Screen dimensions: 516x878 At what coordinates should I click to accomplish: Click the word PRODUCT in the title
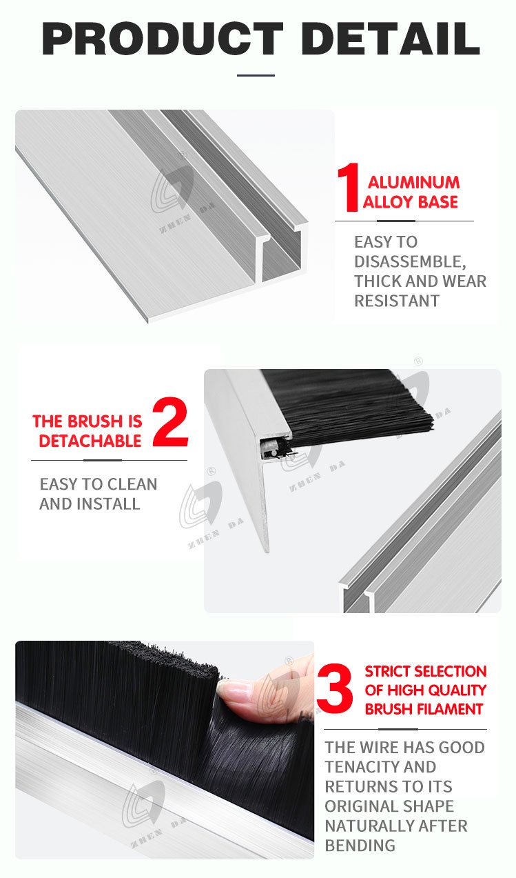[x=162, y=39]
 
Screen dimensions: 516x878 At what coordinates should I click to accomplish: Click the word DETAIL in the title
[x=391, y=39]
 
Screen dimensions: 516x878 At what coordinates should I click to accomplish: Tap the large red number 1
[x=349, y=188]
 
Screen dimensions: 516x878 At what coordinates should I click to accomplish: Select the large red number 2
[x=170, y=421]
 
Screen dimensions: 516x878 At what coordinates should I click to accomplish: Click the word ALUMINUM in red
[x=413, y=183]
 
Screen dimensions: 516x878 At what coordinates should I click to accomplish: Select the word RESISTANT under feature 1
[x=397, y=301]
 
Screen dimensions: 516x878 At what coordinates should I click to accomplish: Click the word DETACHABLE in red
[x=90, y=441]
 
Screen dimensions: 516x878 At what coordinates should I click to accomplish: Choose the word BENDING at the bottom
[x=360, y=846]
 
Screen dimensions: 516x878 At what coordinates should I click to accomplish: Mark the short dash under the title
[x=256, y=75]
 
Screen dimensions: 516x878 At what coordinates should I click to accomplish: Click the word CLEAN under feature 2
[x=132, y=484]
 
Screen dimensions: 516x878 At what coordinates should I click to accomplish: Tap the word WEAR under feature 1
[x=464, y=281]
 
